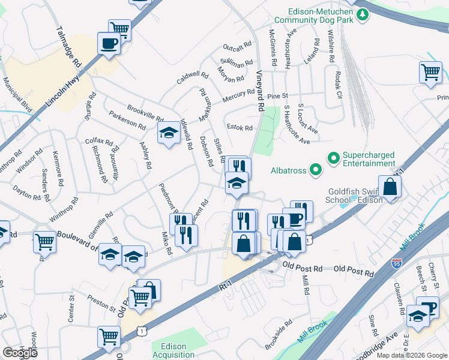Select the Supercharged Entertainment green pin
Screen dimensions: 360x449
334,158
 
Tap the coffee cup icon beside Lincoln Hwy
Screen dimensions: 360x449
109,44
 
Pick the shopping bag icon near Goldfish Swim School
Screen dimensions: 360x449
390,186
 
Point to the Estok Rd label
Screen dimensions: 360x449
240,127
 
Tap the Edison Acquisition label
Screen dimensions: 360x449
173,351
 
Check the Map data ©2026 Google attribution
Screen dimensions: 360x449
411,355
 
